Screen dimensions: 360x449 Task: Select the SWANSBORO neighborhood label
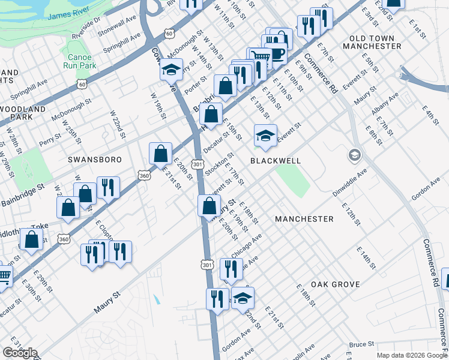[x=95, y=160]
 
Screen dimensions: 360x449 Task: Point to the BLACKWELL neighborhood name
[x=275, y=161]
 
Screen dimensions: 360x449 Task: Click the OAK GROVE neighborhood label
[x=336, y=284]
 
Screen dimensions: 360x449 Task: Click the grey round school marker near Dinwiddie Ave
[x=354, y=155]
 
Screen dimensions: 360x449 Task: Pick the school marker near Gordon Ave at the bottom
[x=242, y=298]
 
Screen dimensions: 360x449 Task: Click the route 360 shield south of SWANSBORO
[x=144, y=176]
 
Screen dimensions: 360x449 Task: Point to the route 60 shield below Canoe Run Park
[x=81, y=85]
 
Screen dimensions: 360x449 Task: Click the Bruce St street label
[x=361, y=345]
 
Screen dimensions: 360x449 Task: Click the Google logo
[x=20, y=353]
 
